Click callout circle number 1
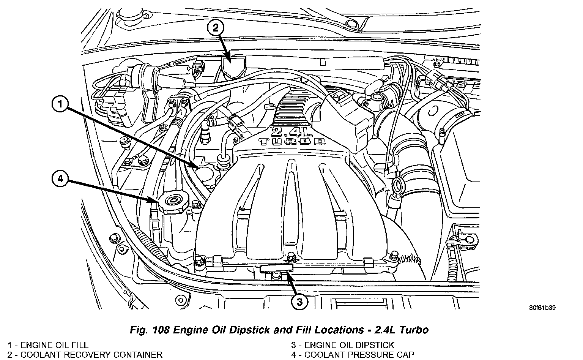(60, 104)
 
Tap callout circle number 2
(216, 28)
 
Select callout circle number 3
(299, 302)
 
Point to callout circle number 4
(60, 179)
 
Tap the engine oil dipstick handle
(277, 268)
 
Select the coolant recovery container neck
(233, 66)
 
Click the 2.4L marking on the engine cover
(292, 132)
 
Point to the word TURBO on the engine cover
(292, 142)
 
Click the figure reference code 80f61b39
(542, 308)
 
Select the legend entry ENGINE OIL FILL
(48, 345)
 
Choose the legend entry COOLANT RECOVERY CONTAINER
(85, 355)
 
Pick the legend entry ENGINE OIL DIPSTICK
(343, 345)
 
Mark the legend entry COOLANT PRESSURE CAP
(353, 355)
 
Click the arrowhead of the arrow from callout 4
(154, 201)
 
